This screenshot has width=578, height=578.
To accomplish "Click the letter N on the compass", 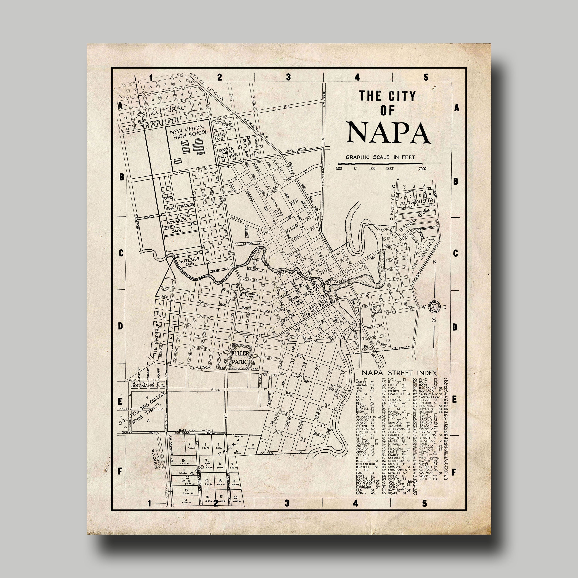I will click(x=435, y=263).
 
